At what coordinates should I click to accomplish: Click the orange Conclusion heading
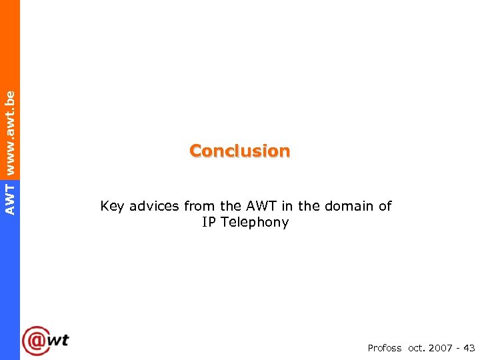tap(239, 151)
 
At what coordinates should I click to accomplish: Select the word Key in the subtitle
tap(112, 207)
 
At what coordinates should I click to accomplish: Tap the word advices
tap(154, 207)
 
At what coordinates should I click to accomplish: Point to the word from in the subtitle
tap(198, 207)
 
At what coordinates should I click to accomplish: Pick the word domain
tap(349, 207)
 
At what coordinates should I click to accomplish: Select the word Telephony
tap(255, 223)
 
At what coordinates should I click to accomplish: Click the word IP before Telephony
tap(209, 223)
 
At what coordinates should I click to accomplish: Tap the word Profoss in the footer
tap(385, 348)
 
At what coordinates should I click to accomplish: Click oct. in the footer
tap(415, 348)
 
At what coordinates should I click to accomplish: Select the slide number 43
tap(469, 348)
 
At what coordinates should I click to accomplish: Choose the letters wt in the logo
tap(59, 339)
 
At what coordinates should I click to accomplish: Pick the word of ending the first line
tap(385, 207)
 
